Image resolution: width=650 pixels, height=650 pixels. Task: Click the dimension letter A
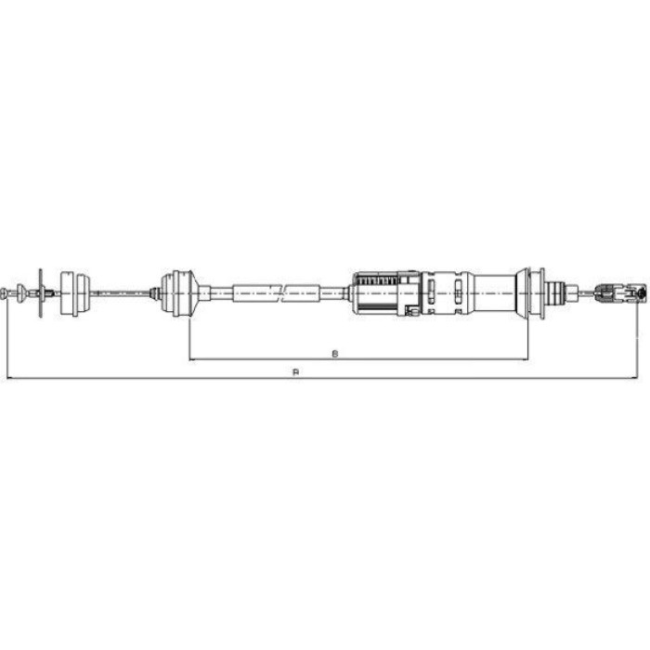tap(295, 371)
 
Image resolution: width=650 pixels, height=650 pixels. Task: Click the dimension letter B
tap(335, 354)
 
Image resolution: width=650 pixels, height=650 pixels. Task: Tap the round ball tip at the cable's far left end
tap(4, 292)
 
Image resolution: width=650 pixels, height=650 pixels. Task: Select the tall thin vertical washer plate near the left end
tap(41, 292)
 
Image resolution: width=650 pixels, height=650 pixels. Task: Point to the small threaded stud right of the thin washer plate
tap(49, 292)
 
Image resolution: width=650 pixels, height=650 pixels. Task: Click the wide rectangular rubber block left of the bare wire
tap(75, 293)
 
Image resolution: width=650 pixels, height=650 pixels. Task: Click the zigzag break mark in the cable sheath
tap(281, 293)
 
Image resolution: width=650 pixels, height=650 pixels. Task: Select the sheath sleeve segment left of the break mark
tap(255, 293)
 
